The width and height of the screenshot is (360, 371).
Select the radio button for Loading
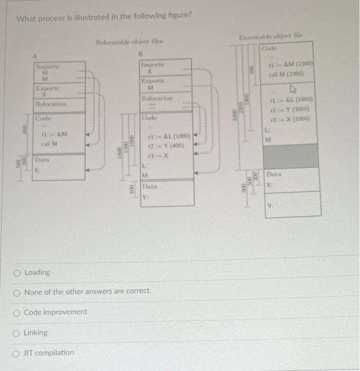(x=19, y=272)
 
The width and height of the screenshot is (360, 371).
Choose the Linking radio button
(x=19, y=333)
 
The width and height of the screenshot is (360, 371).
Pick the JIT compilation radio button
(x=19, y=353)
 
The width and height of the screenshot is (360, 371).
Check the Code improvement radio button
(x=19, y=312)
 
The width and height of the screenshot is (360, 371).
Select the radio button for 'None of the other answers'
(x=19, y=291)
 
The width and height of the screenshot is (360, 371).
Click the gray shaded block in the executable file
(x=291, y=156)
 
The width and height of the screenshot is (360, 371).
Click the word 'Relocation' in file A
(x=51, y=104)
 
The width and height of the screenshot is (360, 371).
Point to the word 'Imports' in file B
(x=152, y=64)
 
